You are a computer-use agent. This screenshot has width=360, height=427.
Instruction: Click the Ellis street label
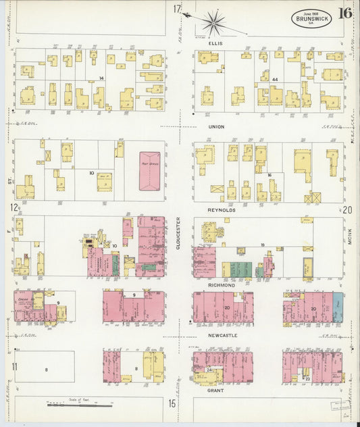216,42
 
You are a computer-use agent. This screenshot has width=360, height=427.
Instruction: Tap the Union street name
216,126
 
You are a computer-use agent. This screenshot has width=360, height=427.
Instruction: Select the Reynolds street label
222,210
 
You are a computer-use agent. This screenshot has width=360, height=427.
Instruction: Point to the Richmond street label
222,285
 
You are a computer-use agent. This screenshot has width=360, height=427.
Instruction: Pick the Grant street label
216,390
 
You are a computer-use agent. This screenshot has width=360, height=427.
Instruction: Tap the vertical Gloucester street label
178,233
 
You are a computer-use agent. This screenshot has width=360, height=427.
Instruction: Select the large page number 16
345,13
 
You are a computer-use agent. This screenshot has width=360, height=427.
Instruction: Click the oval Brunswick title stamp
311,18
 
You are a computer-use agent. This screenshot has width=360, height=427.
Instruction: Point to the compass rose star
213,22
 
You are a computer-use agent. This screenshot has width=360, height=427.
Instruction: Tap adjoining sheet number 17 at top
177,9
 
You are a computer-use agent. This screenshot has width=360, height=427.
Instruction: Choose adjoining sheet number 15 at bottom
173,403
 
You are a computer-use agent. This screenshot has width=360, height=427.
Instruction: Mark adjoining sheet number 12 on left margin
14,207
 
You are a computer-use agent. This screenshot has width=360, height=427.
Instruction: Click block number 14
101,79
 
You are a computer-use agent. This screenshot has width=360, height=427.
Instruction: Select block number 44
275,79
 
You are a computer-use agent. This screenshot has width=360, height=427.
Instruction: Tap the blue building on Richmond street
338,307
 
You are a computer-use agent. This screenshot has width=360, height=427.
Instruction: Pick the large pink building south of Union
149,171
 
